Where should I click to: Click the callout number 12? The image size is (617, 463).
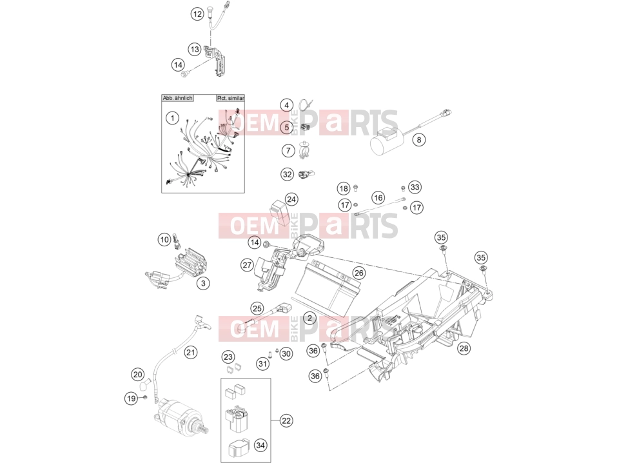pyautogui.click(x=197, y=15)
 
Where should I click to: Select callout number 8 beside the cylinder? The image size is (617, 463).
pyautogui.click(x=419, y=139)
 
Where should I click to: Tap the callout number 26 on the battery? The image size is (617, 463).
pyautogui.click(x=358, y=273)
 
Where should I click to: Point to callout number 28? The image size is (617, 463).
pyautogui.click(x=464, y=348)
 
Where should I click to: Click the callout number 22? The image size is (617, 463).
pyautogui.click(x=286, y=420)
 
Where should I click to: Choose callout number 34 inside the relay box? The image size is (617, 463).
pyautogui.click(x=260, y=446)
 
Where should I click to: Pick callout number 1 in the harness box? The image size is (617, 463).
pyautogui.click(x=172, y=118)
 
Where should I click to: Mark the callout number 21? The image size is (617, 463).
pyautogui.click(x=191, y=352)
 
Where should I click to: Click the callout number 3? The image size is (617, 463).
pyautogui.click(x=203, y=283)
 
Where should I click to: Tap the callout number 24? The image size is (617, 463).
pyautogui.click(x=291, y=199)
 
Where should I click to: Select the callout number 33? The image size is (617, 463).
pyautogui.click(x=415, y=187)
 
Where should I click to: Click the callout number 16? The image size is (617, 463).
pyautogui.click(x=378, y=197)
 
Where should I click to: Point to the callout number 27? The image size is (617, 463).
pyautogui.click(x=247, y=265)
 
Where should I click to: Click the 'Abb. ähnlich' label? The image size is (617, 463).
pyautogui.click(x=177, y=98)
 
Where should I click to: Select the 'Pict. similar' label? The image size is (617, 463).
pyautogui.click(x=231, y=98)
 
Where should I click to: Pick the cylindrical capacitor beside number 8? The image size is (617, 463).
pyautogui.click(x=385, y=140)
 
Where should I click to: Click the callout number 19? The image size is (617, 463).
pyautogui.click(x=131, y=399)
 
